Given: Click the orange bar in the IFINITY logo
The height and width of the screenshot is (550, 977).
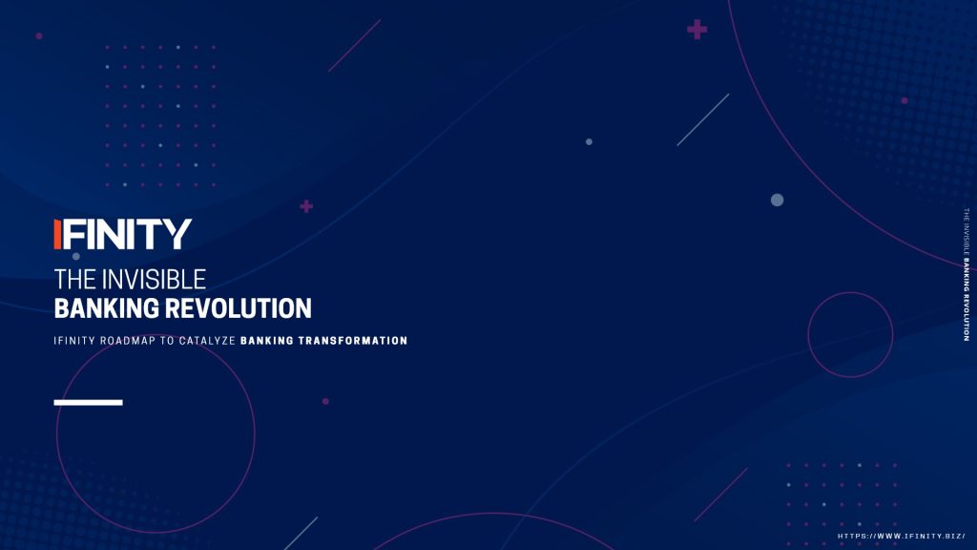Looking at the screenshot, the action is pos(57,234).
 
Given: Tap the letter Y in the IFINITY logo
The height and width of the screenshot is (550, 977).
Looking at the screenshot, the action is pos(178,234).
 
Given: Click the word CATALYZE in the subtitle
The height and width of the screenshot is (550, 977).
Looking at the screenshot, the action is pos(207,341).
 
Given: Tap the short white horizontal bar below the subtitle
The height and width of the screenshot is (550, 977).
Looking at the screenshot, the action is pos(89,403).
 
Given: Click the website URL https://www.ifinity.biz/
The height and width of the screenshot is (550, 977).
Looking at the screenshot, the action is pos(901,537).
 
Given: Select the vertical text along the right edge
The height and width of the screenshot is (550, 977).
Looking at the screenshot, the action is pos(967,274).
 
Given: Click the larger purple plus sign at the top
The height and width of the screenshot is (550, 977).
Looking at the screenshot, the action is pos(696,30).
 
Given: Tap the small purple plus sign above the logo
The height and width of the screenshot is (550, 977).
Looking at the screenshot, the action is pos(306,206).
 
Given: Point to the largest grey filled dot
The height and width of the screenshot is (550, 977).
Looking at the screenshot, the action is pos(777,201).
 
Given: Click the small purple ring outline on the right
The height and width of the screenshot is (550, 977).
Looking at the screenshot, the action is pos(808,335).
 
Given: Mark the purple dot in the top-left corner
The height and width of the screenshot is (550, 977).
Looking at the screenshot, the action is pos(39,36).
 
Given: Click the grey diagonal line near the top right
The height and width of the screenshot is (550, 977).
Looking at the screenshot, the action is pos(703,119).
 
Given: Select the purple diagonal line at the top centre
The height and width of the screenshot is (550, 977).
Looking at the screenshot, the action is pos(355,46).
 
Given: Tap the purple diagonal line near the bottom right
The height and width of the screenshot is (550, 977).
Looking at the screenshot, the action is pos(721,495).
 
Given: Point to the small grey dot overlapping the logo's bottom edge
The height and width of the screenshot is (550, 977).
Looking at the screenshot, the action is pos(76,256).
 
